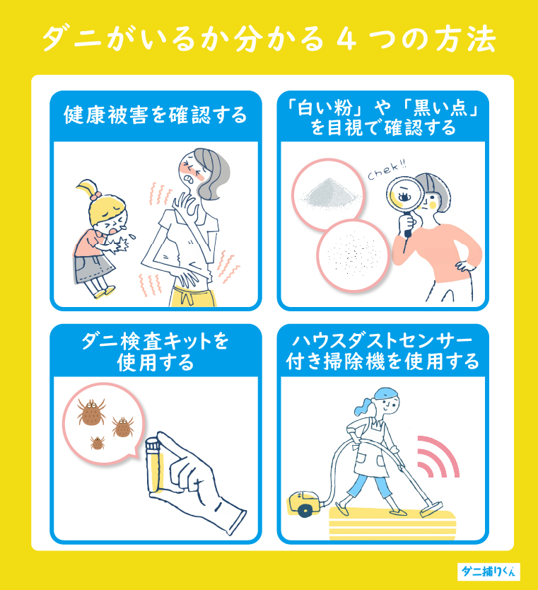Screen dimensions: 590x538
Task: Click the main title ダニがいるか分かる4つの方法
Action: pyautogui.click(x=269, y=40)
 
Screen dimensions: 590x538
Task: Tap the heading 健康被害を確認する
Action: pyautogui.click(x=156, y=115)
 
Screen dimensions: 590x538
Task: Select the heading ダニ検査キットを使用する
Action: pyautogui.click(x=156, y=352)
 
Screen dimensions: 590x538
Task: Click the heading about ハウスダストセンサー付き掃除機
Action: pyautogui.click(x=382, y=352)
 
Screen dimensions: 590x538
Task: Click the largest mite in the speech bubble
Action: pyautogui.click(x=92, y=413)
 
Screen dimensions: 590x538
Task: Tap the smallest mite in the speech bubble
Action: pyautogui.click(x=98, y=442)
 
